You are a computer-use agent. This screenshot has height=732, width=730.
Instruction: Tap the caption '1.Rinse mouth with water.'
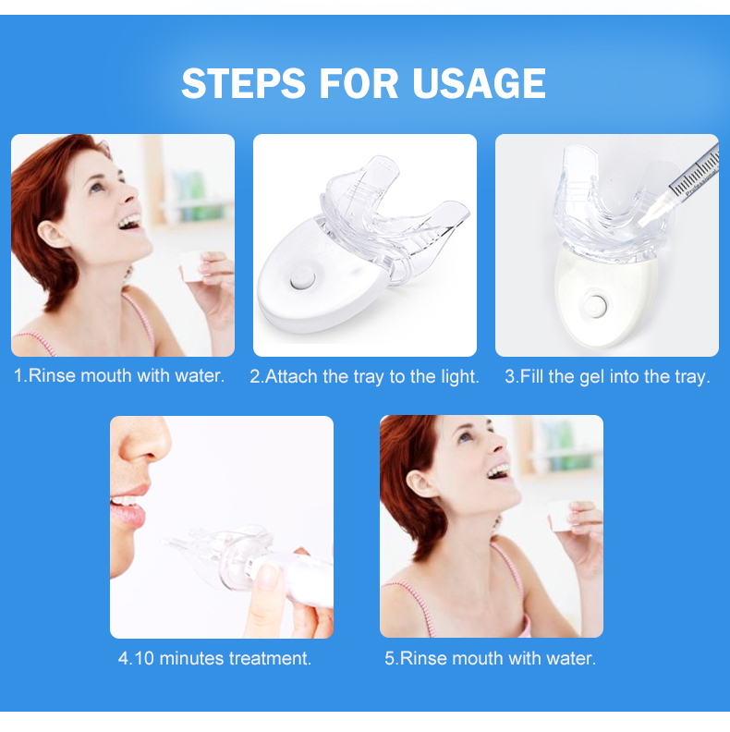point(119,376)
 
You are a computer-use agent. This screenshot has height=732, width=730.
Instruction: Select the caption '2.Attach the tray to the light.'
point(364,377)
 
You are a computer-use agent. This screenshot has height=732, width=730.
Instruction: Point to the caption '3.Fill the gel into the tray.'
point(607,377)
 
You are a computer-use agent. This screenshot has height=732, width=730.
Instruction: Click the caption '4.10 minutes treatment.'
point(214,659)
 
